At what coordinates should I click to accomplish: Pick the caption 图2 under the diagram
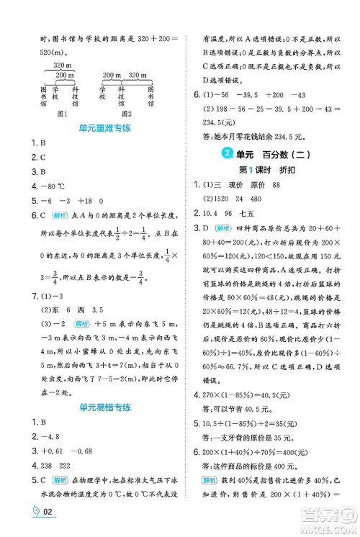pyautogui.click(x=127, y=113)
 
